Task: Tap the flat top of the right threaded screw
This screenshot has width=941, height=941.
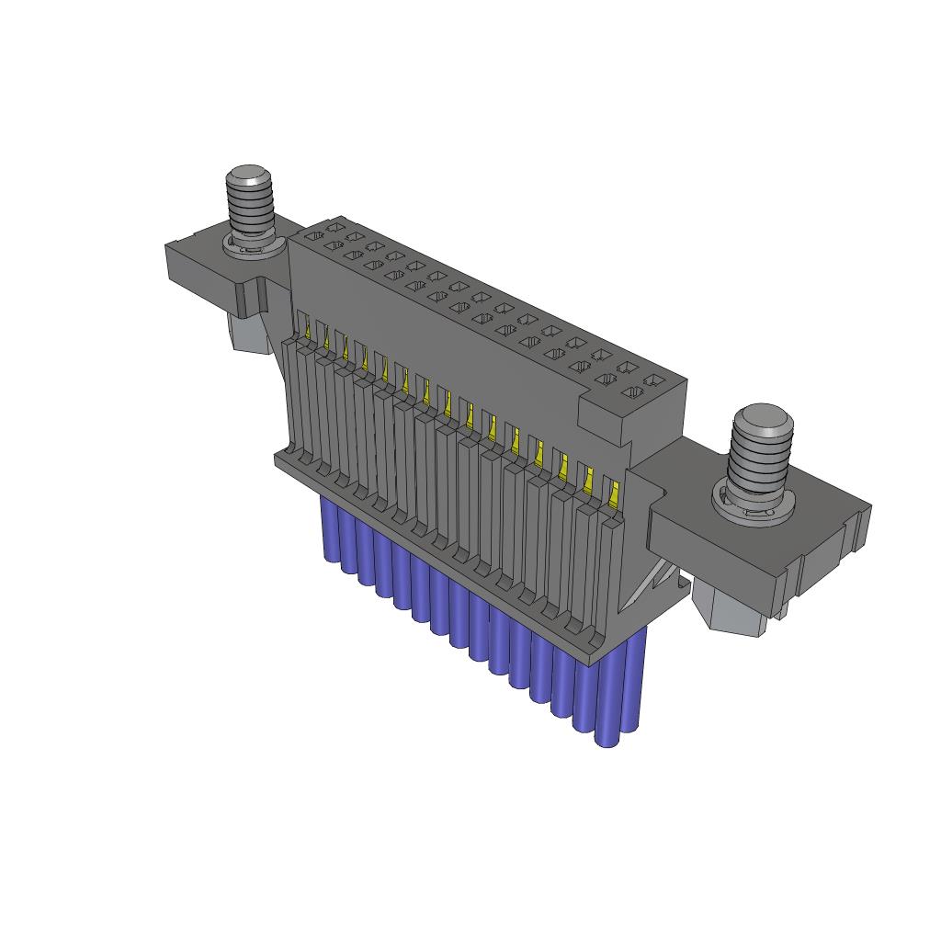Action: coord(761,418)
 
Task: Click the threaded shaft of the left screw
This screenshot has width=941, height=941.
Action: coord(251,211)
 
